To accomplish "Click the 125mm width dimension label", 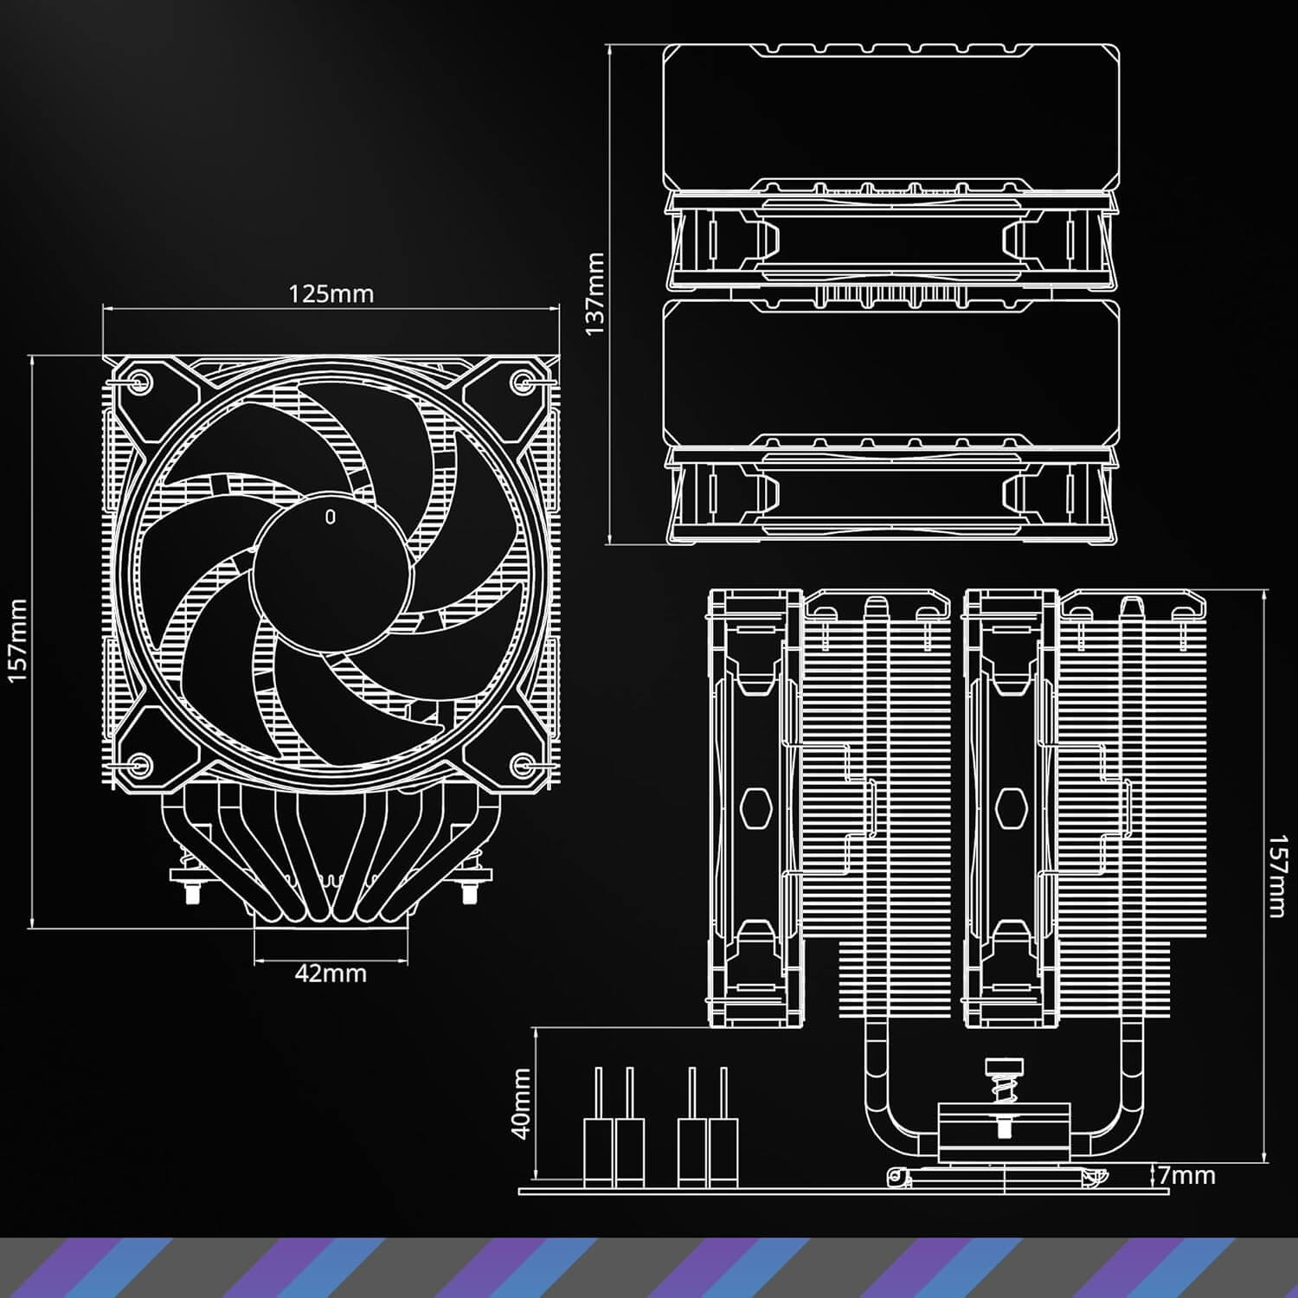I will [331, 294].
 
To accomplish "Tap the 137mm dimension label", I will [596, 294].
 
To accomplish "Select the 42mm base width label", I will [331, 973].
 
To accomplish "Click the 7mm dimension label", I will [1187, 1175].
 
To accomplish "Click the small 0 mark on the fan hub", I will [330, 517].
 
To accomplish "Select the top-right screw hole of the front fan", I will [523, 381].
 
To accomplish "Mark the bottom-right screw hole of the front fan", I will [523, 764].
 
